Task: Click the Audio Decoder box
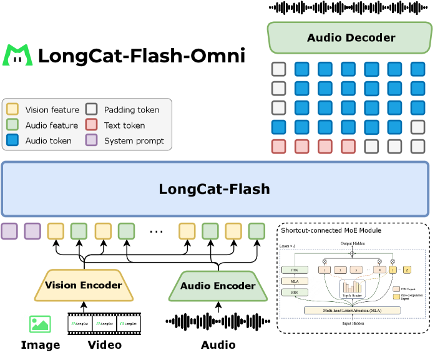pyautogui.click(x=350, y=38)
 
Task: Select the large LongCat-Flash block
pyautogui.click(x=214, y=189)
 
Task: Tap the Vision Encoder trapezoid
pyautogui.click(x=83, y=286)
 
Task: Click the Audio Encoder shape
pyautogui.click(x=218, y=286)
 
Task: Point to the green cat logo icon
pyautogui.click(x=18, y=56)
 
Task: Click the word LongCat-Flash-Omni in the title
pyautogui.click(x=141, y=56)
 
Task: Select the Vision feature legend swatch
pyautogui.click(x=12, y=109)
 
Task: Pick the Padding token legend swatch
pyautogui.click(x=91, y=109)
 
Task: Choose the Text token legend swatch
pyautogui.click(x=91, y=125)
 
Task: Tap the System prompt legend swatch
pyautogui.click(x=91, y=140)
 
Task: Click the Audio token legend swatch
pyautogui.click(x=12, y=140)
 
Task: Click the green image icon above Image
pyautogui.click(x=40, y=324)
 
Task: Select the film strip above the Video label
pyautogui.click(x=104, y=324)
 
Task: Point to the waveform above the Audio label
pyautogui.click(x=218, y=322)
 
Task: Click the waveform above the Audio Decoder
pyautogui.click(x=350, y=7)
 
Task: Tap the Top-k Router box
pyautogui.click(x=353, y=288)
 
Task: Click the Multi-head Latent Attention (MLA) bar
pyautogui.click(x=352, y=310)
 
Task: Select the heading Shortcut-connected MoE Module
pyautogui.click(x=330, y=230)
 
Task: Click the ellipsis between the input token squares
pyautogui.click(x=156, y=231)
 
